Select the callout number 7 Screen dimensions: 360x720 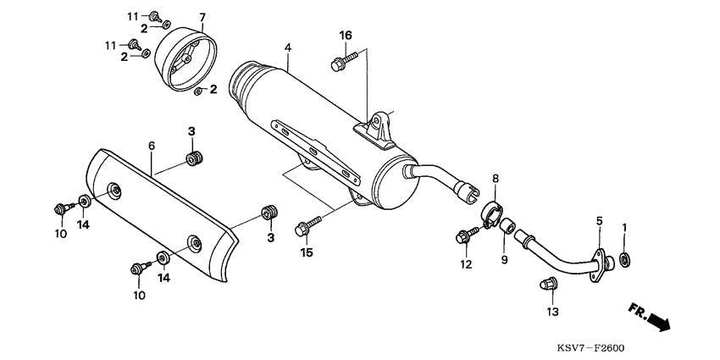[x=202, y=18]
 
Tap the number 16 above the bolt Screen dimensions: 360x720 [x=346, y=35]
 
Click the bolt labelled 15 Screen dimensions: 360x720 [x=305, y=226]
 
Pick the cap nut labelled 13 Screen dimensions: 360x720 [x=547, y=285]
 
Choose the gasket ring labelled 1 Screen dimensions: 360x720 [x=626, y=258]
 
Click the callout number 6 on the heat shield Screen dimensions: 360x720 [x=152, y=146]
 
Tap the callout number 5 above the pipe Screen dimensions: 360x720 [x=599, y=221]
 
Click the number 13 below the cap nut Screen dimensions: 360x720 [x=552, y=313]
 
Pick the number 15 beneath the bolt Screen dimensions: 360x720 [x=305, y=252]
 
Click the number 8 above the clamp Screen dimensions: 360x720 [x=496, y=179]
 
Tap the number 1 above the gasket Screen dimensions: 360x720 [x=625, y=227]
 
